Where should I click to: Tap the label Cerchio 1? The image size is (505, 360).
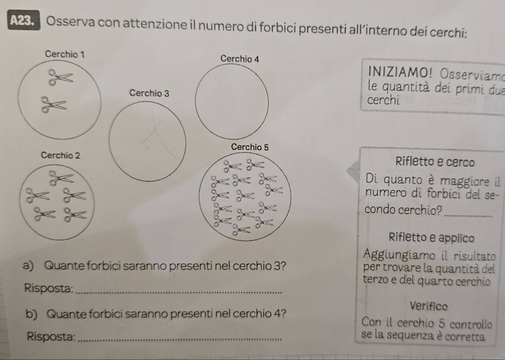[65, 54]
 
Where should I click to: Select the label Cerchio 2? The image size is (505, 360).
[61, 155]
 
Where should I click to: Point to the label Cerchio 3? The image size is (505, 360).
[149, 93]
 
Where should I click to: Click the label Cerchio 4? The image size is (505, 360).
[239, 59]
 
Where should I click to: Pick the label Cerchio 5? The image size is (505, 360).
[249, 147]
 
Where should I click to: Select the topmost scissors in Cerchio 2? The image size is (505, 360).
[61, 178]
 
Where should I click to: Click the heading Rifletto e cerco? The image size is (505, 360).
[435, 161]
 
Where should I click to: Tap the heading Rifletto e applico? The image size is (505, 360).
[431, 238]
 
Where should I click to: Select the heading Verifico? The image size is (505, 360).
[429, 306]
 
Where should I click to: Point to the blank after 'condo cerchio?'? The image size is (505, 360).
[468, 215]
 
